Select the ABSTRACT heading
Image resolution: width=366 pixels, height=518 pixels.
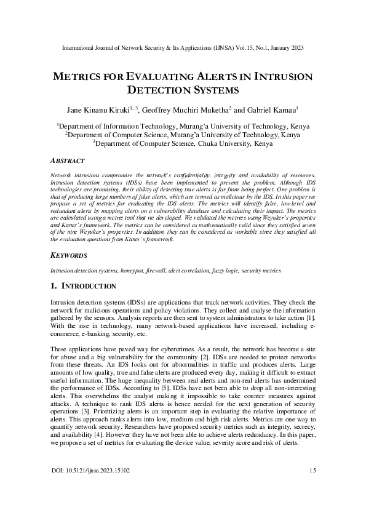pyautogui.click(x=67, y=161)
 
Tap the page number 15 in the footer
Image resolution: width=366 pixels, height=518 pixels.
pyautogui.click(x=312, y=471)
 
